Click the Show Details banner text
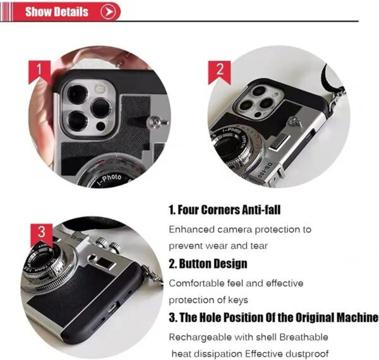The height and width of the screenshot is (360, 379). [x=57, y=11]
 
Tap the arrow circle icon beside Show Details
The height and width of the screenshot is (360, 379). [x=108, y=11]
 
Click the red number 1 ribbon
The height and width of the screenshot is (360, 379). [x=40, y=72]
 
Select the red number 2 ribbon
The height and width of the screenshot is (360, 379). [x=219, y=72]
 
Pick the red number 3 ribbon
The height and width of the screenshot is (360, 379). [x=42, y=235]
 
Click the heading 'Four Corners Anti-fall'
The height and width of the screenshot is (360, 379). [x=224, y=210]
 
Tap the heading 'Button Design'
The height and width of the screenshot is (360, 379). [x=208, y=263]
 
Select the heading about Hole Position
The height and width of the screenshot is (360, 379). [x=274, y=318]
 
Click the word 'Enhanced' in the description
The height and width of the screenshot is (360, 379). [x=191, y=229]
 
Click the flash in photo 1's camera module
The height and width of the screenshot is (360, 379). [x=99, y=89]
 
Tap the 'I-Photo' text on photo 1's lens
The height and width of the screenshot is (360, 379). [x=110, y=179]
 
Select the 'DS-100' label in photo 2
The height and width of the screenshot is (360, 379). [x=265, y=171]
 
